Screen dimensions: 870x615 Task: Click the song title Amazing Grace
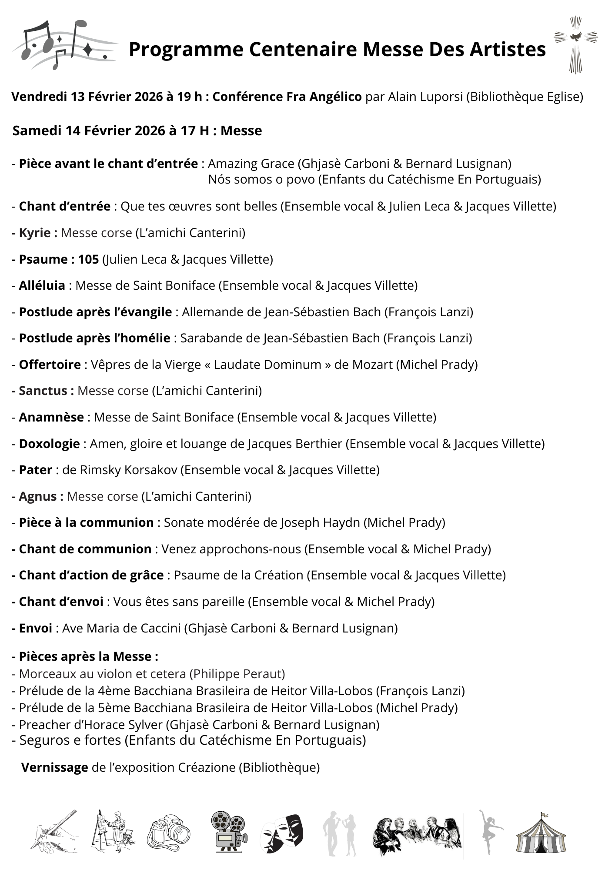[251, 164]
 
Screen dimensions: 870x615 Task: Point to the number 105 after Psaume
[88, 259]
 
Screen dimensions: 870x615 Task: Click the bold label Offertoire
[50, 365]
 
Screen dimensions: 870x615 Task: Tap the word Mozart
[371, 365]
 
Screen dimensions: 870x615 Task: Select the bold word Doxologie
[49, 444]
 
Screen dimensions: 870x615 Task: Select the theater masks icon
[281, 833]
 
